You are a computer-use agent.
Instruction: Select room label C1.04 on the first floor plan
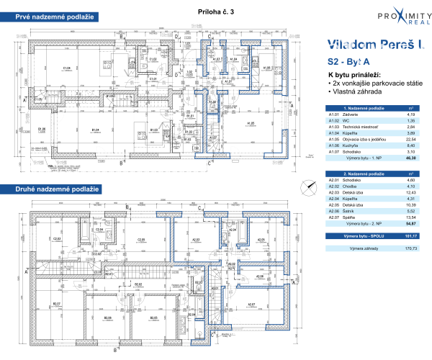pos(66,68)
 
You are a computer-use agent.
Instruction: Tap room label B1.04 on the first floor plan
pos(94,130)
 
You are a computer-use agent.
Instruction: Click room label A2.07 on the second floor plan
pos(251,305)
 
